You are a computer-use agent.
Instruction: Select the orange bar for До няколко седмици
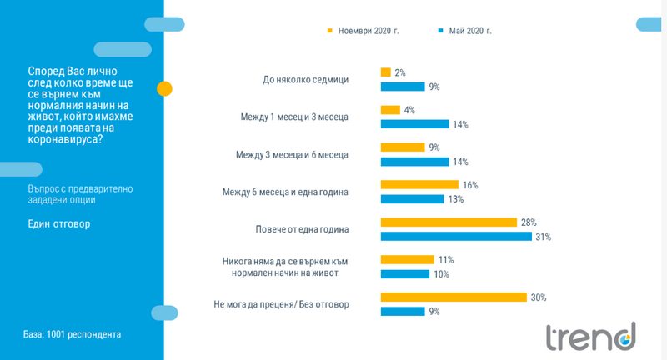(x=385, y=72)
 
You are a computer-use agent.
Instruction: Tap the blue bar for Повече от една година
(x=456, y=237)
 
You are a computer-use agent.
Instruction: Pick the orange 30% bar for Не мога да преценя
(x=454, y=297)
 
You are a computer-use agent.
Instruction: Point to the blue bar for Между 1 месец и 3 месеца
(x=414, y=124)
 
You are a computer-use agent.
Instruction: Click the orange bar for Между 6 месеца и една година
(x=419, y=184)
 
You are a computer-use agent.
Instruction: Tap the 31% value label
(x=543, y=237)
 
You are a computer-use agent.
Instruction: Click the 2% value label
(x=399, y=73)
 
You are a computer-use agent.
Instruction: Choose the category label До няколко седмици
(x=305, y=80)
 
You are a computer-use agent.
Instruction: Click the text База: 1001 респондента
(x=72, y=334)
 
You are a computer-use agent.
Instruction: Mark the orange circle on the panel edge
(x=165, y=88)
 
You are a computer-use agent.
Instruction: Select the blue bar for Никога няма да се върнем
(x=405, y=274)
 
